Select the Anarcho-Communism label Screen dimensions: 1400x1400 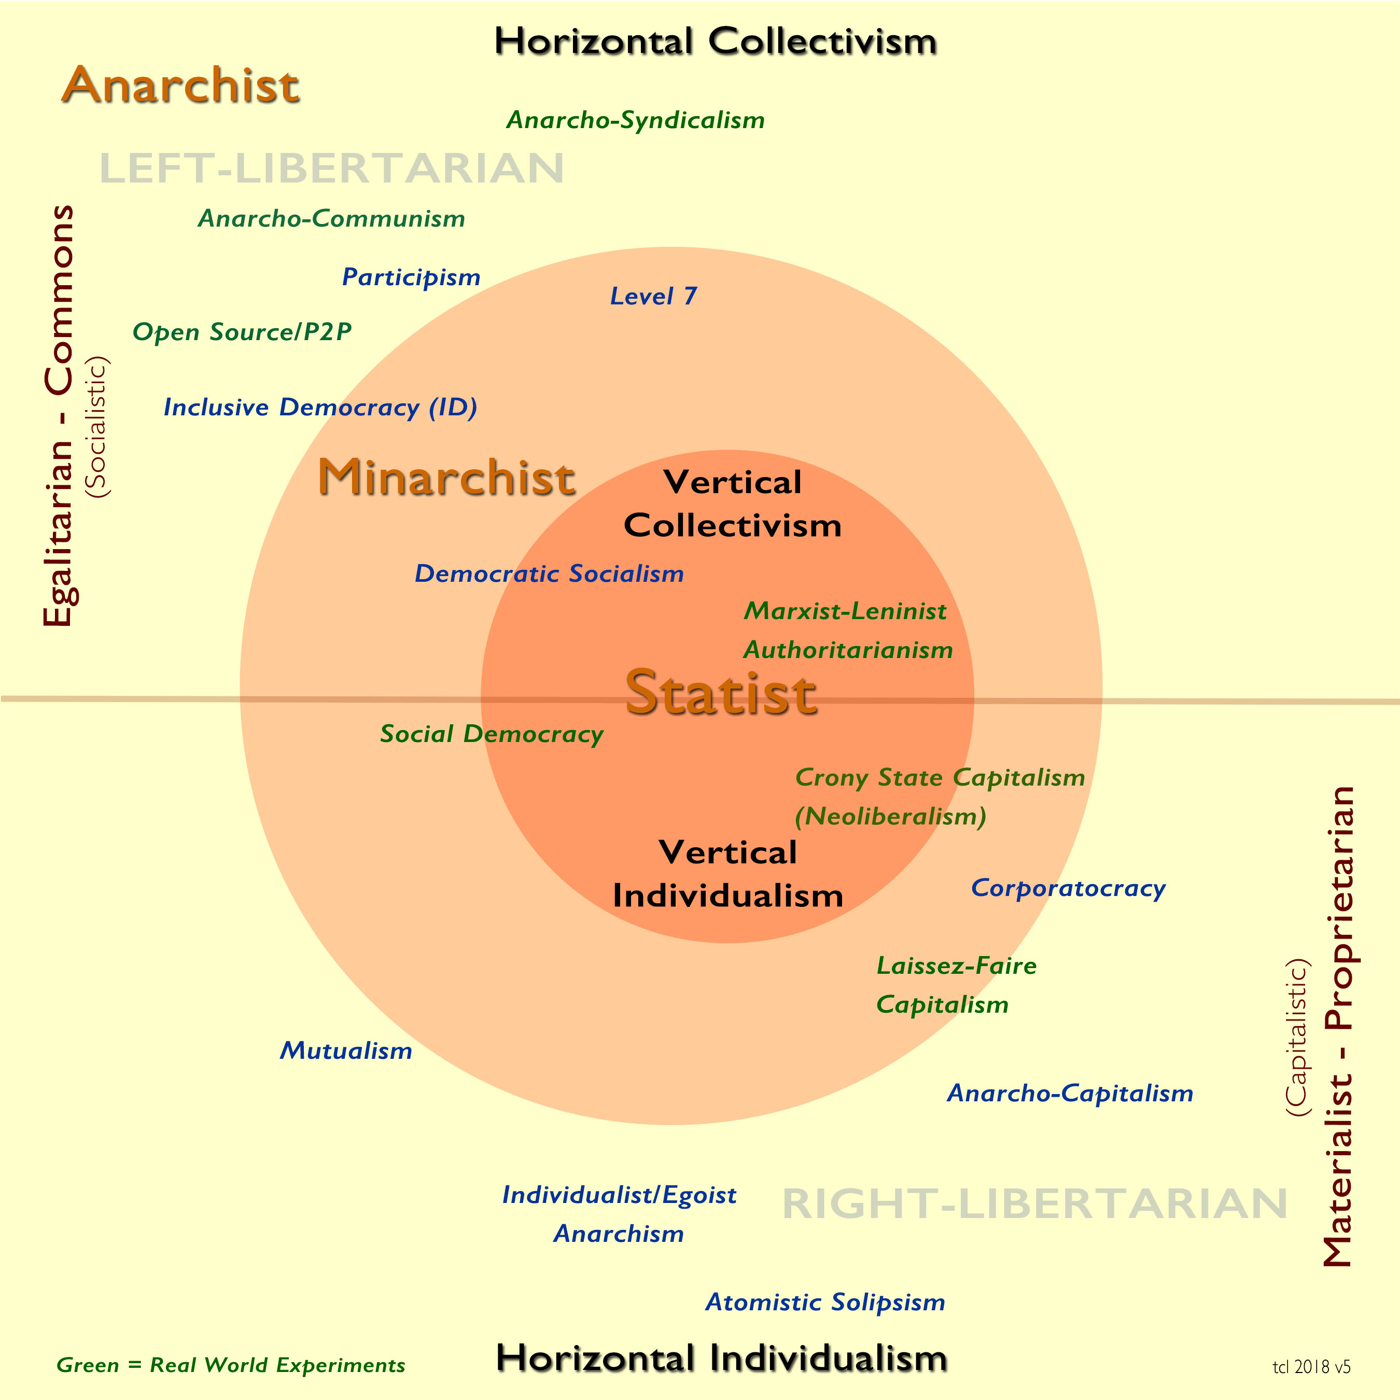pos(331,218)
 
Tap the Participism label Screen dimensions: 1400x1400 pos(411,277)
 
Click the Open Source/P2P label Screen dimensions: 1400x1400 pos(242,332)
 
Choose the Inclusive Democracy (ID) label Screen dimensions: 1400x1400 pos(320,407)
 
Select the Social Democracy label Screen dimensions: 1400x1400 pos(492,734)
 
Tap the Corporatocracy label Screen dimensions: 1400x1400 pos(1068,888)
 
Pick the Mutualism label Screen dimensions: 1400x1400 pos(346,1050)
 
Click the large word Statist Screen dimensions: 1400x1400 pos(722,693)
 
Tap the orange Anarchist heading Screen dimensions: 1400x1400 pos(180,85)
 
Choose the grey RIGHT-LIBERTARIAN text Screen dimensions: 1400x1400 pos(1035,1203)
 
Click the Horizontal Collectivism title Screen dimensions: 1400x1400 pos(715,41)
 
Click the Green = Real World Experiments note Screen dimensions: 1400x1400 pos(230,1365)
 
